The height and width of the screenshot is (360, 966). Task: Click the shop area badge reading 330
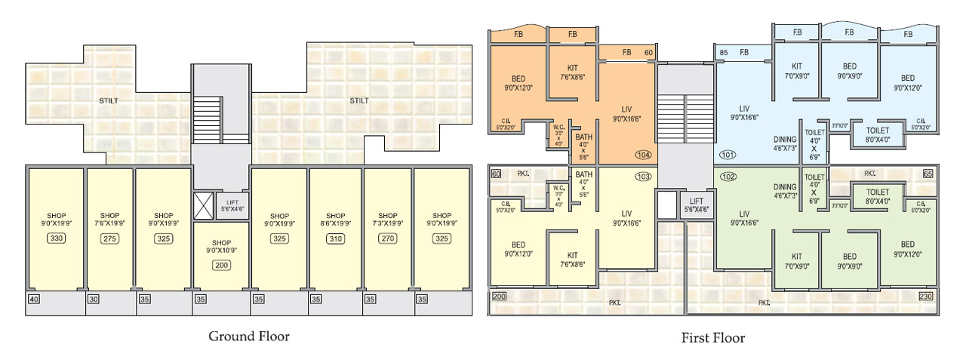(55, 239)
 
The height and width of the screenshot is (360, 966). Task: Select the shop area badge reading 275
(110, 239)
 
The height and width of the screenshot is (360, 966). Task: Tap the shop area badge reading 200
(221, 265)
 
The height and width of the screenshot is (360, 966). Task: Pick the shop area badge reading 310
(335, 239)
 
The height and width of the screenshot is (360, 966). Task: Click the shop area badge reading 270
(388, 239)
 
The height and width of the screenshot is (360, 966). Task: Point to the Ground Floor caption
(248, 337)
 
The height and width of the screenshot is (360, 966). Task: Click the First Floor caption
(712, 337)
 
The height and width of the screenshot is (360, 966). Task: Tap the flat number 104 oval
(643, 155)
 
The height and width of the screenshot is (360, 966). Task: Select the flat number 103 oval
(643, 177)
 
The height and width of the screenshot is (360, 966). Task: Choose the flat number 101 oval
(728, 155)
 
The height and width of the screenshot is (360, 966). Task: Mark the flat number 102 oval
(728, 177)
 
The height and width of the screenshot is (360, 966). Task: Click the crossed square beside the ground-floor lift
(204, 206)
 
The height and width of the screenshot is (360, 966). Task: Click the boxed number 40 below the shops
(33, 299)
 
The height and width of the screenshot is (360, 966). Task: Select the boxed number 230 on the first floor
(925, 297)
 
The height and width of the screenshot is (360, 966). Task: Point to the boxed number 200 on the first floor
(499, 297)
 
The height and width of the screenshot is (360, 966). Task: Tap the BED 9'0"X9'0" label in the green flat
(850, 261)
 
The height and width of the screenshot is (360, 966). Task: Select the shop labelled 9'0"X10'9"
(221, 245)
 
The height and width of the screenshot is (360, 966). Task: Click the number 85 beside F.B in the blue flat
(724, 52)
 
